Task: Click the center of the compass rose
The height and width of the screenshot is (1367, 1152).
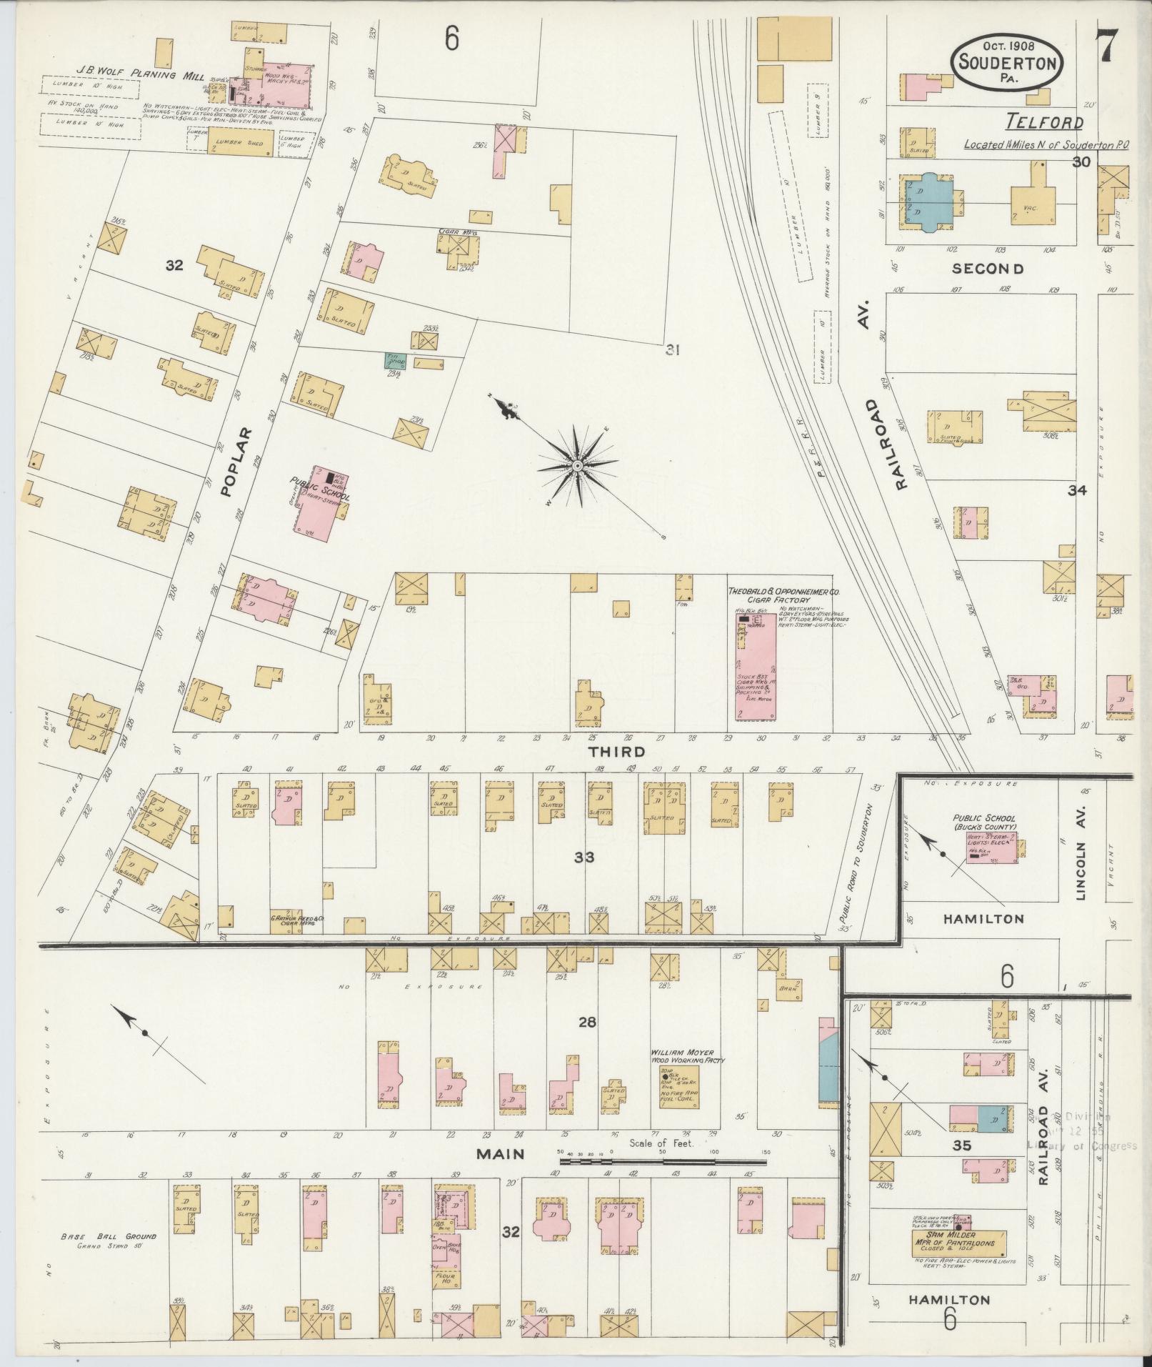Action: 576,467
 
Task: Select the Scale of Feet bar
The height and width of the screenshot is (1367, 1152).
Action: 664,1162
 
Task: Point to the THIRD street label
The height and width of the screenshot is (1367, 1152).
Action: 616,752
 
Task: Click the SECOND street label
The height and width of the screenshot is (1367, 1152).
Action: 988,269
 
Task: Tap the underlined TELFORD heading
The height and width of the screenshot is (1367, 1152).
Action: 1045,123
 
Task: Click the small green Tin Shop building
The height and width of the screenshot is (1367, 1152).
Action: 396,361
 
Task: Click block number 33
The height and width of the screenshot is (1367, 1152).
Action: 584,857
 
